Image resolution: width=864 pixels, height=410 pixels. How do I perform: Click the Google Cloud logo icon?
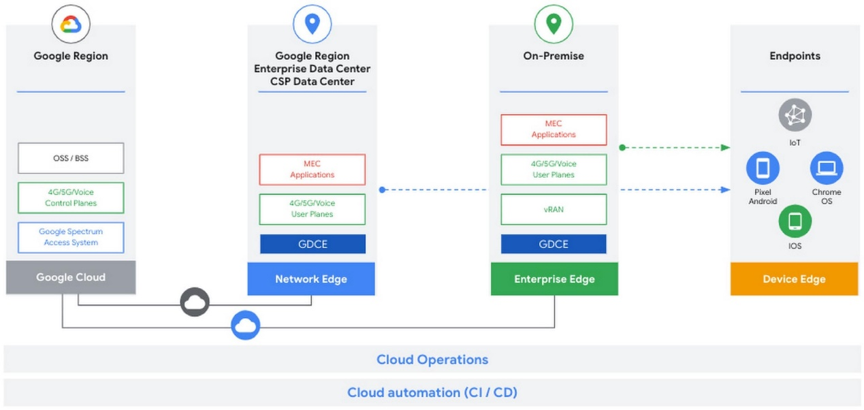tap(71, 25)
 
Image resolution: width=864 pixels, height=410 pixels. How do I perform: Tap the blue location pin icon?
tap(313, 24)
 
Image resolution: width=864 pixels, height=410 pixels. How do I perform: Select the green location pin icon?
tap(554, 24)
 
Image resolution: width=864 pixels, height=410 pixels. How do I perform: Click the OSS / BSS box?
tap(71, 158)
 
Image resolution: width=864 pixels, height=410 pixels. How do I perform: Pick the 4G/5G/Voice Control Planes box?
tap(71, 198)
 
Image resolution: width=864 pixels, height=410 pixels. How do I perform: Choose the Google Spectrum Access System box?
tap(71, 237)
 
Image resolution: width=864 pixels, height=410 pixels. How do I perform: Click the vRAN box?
tap(554, 210)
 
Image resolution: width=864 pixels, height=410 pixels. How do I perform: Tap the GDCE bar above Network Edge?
tap(313, 244)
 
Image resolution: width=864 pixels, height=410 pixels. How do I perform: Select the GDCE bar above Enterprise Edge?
tap(554, 244)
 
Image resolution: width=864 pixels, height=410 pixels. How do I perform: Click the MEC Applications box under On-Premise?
tap(554, 129)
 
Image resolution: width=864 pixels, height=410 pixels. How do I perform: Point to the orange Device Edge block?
tap(794, 279)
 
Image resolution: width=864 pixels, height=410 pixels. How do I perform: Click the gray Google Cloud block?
tap(71, 277)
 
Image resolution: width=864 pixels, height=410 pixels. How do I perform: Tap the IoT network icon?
tap(795, 115)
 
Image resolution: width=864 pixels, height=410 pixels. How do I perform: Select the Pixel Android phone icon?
tap(763, 168)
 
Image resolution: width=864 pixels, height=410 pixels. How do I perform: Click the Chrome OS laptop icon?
tap(827, 168)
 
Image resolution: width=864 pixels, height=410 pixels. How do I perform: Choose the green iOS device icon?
tap(795, 221)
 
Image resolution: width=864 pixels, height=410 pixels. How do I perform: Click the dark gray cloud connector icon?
tap(195, 302)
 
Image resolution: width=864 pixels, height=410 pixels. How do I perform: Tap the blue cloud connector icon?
tap(245, 325)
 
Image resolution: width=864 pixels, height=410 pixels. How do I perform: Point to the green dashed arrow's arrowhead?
tap(726, 148)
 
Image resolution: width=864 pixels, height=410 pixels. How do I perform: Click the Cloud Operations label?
tap(432, 360)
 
